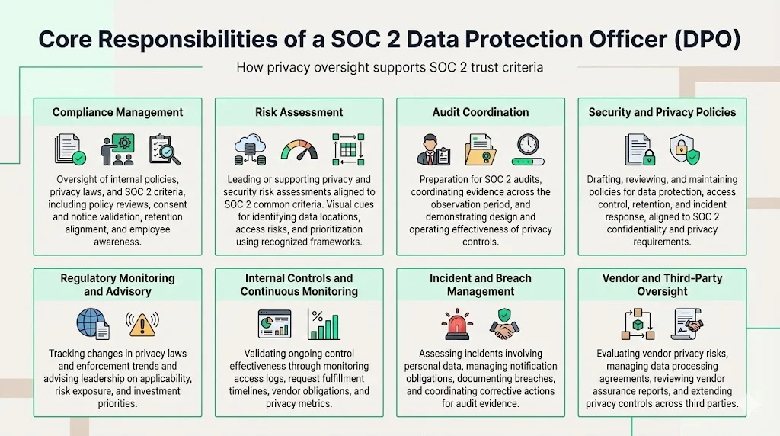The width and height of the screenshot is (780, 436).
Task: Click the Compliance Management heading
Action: (117, 112)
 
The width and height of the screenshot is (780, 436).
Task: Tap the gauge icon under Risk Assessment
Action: (299, 149)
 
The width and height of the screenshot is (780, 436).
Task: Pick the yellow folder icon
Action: (481, 149)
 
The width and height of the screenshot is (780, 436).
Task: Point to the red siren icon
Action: (457, 324)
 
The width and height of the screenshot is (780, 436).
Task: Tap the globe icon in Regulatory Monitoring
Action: (93, 323)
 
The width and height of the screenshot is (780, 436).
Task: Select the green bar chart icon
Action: (324, 324)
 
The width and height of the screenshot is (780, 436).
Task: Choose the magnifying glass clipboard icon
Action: (165, 149)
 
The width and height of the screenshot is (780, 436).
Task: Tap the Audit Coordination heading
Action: (480, 112)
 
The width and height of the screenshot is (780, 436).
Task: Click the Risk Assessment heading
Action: (299, 112)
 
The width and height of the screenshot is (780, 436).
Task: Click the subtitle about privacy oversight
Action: (389, 67)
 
